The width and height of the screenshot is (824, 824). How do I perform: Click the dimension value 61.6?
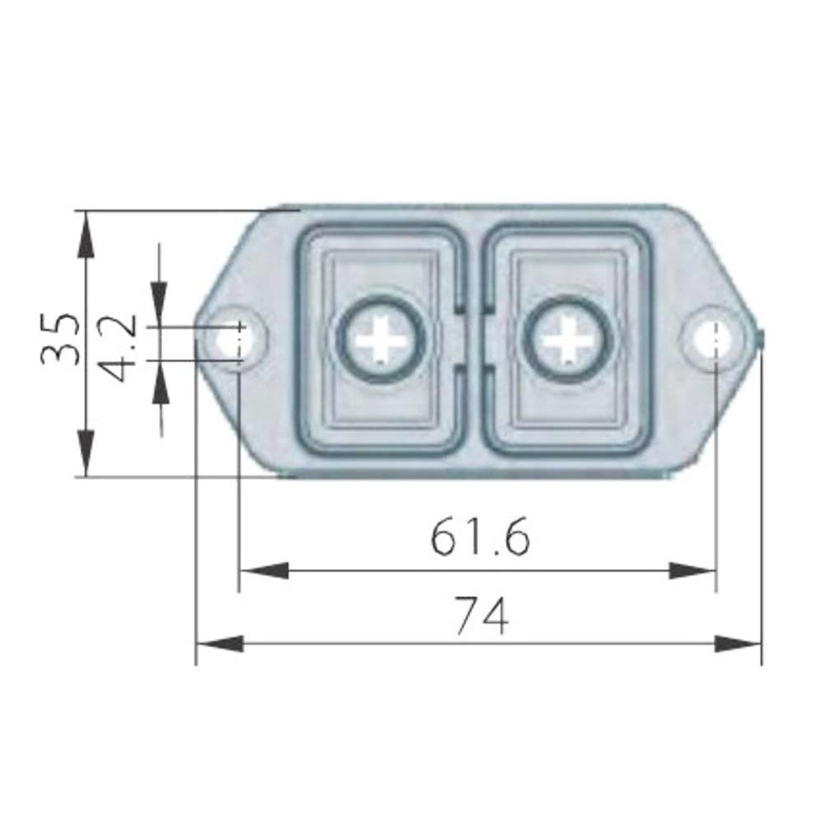coord(480,538)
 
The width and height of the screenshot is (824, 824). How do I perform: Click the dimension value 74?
coord(482,616)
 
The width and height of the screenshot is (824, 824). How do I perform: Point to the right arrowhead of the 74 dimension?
coord(738,644)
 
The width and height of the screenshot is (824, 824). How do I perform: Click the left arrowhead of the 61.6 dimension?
coord(262,570)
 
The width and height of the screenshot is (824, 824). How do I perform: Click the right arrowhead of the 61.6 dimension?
coord(692,570)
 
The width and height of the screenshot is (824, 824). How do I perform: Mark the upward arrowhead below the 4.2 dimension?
coord(158,382)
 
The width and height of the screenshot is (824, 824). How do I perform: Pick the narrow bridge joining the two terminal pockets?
coord(473,339)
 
